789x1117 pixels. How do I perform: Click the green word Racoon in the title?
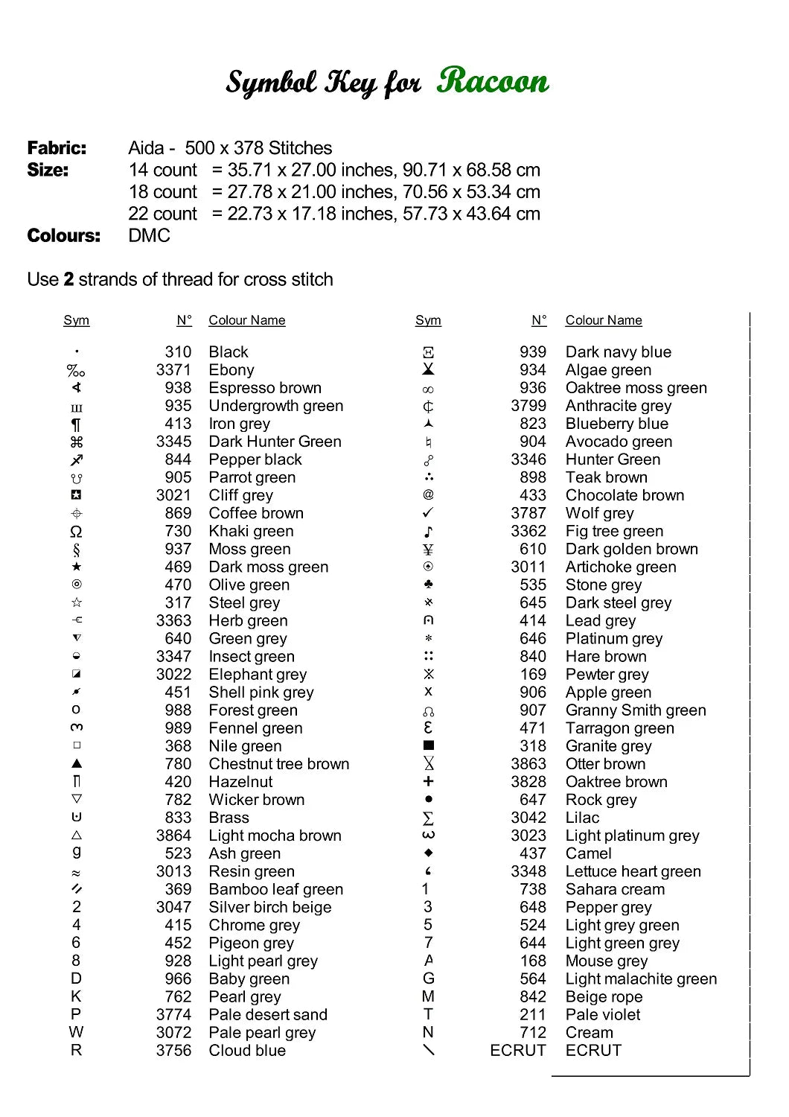pos(493,80)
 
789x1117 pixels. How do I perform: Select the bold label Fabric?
pos(57,148)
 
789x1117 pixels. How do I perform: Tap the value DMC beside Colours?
pos(149,235)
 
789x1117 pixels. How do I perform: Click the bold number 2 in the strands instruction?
pos(68,279)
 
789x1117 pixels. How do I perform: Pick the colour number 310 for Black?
pos(178,351)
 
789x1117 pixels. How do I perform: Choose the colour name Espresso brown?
pos(265,388)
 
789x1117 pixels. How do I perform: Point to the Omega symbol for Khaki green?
pos(76,532)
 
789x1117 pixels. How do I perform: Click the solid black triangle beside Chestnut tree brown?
pos(77,763)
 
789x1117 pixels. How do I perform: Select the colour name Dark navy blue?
pos(618,351)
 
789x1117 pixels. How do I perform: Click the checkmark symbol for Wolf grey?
pos(428,512)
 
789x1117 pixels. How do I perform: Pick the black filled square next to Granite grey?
pos(428,745)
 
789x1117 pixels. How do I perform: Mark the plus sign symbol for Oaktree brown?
pos(428,781)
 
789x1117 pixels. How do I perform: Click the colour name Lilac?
pos(582,818)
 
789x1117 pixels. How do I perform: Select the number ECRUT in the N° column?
pos(517,1050)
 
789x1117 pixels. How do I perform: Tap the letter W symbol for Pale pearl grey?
pos(76,1032)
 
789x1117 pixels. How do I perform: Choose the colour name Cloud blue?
pos(247,1050)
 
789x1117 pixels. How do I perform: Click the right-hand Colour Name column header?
pos(603,320)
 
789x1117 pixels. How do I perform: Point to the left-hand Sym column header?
pos(76,320)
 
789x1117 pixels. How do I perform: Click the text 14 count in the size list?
pos(162,170)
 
